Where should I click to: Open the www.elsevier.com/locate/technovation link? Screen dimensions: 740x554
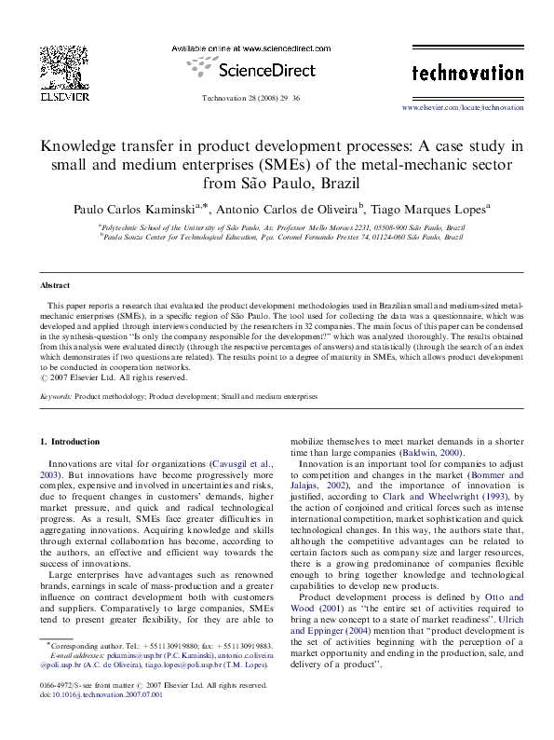pos(462,108)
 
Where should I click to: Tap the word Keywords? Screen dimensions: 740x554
pos(56,396)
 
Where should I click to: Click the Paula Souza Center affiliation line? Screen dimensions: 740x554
pos(270,238)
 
